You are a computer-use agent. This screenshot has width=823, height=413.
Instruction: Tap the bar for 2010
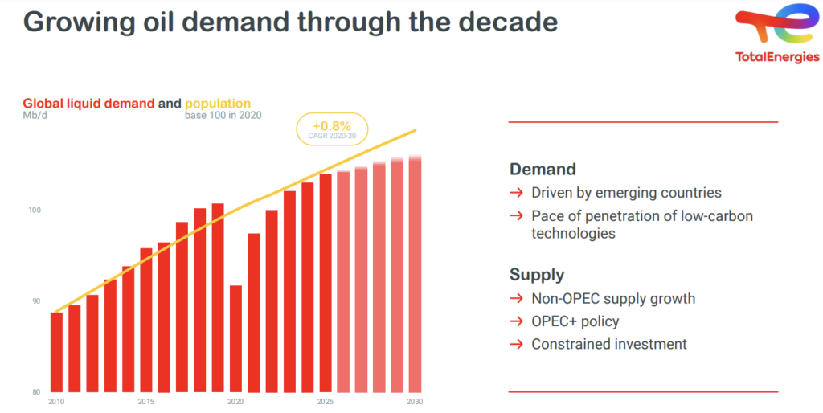(x=56, y=352)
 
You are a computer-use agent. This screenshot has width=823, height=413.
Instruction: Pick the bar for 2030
(x=415, y=274)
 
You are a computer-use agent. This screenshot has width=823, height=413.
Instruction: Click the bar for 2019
(x=217, y=297)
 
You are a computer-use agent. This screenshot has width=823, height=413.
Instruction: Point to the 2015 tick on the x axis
(x=145, y=401)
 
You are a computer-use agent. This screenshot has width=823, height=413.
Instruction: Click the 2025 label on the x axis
(x=326, y=401)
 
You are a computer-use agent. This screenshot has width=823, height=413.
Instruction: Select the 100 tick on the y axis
(x=35, y=211)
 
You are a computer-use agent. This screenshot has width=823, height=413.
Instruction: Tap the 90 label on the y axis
(x=35, y=301)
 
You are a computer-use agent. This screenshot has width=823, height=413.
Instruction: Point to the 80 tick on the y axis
(x=35, y=391)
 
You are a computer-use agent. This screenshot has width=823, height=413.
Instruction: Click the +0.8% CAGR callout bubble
(x=332, y=129)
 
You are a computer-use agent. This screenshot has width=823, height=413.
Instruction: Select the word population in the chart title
(x=218, y=104)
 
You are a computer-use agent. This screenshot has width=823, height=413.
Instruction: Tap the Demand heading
(x=543, y=170)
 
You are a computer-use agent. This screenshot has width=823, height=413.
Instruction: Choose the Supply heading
(x=537, y=275)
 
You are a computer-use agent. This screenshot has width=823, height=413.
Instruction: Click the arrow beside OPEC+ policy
(x=516, y=321)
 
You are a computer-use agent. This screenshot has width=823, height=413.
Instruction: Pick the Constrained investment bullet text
(x=609, y=344)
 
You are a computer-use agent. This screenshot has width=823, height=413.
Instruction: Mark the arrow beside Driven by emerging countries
(x=516, y=193)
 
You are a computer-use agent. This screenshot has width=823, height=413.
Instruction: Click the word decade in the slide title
(x=506, y=22)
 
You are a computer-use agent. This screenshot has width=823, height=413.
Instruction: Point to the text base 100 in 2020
(x=223, y=116)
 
